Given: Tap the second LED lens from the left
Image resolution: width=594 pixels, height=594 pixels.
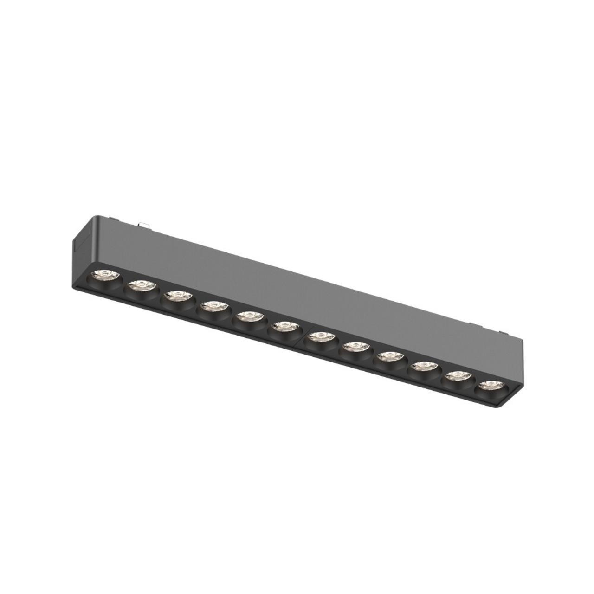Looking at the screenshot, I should pyautogui.click(x=140, y=286).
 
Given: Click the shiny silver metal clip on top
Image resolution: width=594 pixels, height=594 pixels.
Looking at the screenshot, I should pyautogui.click(x=145, y=225).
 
